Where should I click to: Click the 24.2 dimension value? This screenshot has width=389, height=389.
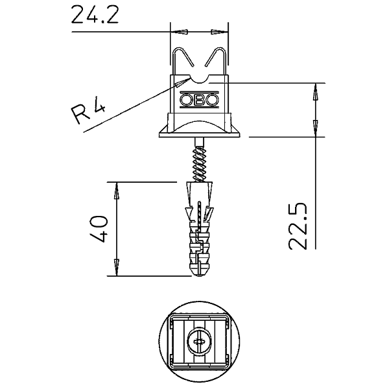[95, 15]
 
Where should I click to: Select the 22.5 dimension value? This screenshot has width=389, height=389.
[298, 226]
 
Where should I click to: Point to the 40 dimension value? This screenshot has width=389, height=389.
[99, 228]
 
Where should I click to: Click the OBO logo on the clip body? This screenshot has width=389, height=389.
[200, 100]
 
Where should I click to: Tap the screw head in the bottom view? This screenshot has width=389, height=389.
[200, 342]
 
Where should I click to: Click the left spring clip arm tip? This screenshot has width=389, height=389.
[194, 66]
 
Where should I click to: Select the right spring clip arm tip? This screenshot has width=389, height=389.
[206, 66]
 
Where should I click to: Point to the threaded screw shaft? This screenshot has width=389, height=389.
[200, 164]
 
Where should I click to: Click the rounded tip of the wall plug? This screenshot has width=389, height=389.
[200, 274]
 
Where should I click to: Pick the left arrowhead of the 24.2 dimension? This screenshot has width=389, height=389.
[180, 32]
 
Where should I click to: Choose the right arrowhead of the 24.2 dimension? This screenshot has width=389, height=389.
[219, 32]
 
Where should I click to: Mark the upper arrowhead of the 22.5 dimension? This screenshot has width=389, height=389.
[316, 92]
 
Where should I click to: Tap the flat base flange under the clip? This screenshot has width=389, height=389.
[200, 135]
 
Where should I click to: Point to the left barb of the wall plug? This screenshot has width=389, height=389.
[189, 214]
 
